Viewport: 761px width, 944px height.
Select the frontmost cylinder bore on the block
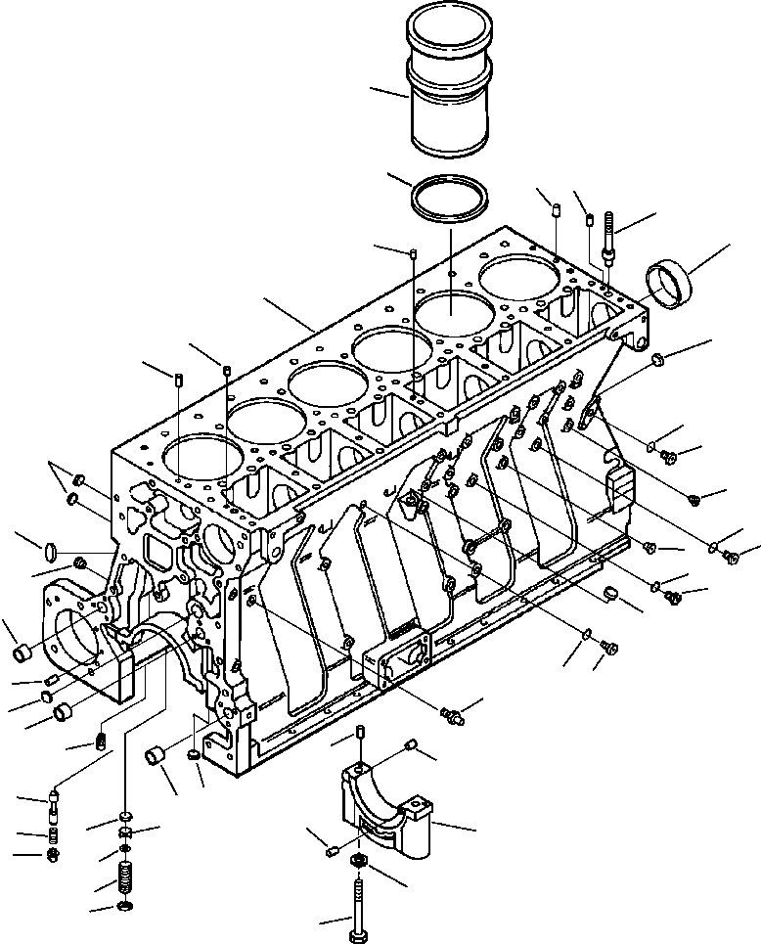click(x=204, y=464)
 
